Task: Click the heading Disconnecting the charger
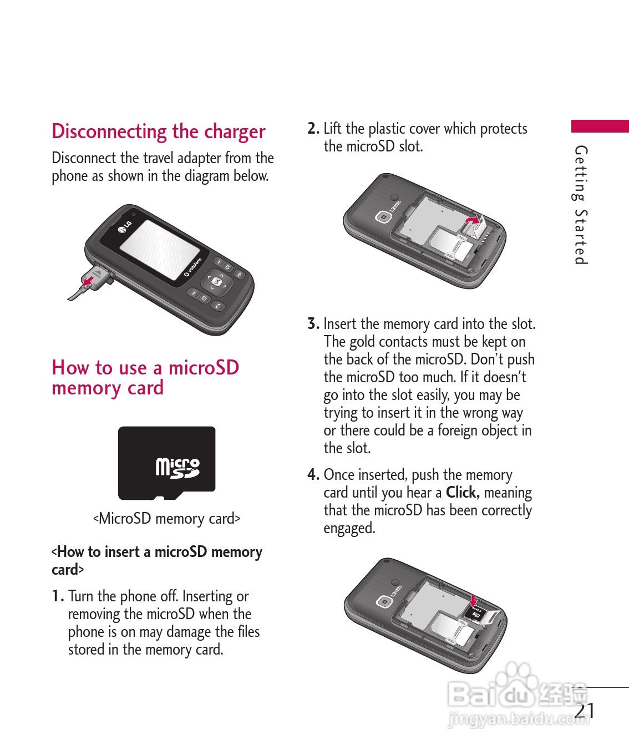[159, 131]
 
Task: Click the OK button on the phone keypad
[216, 281]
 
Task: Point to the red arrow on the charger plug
[88, 280]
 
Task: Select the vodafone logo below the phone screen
[192, 267]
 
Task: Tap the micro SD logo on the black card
[177, 468]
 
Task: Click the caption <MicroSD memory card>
[166, 519]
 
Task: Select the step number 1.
[58, 596]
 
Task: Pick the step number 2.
[313, 129]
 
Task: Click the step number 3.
[313, 323]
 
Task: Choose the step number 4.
[313, 474]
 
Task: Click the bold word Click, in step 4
[463, 493]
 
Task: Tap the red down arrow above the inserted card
[473, 601]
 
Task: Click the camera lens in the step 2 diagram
[383, 217]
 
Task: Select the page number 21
[584, 711]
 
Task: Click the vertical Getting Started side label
[581, 205]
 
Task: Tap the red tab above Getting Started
[600, 126]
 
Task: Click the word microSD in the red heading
[204, 367]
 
